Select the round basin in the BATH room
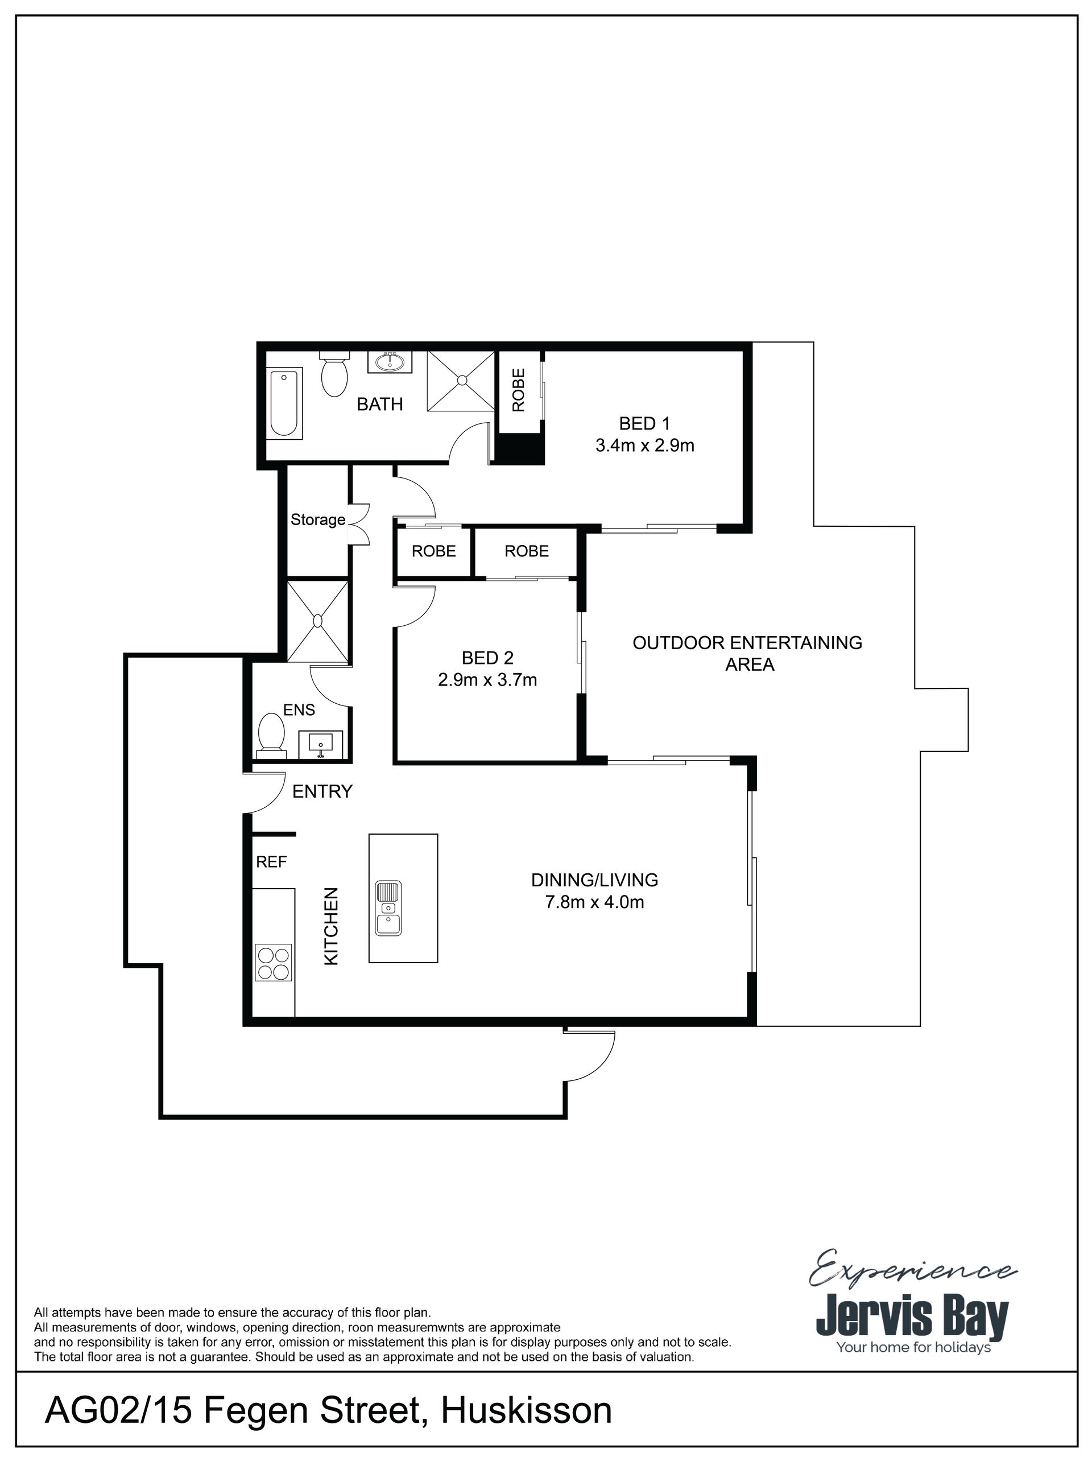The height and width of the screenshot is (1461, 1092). tap(390, 362)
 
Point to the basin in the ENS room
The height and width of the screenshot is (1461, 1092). tap(321, 744)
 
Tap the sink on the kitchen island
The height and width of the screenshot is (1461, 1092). tap(388, 908)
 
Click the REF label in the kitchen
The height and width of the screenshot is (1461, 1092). tap(271, 862)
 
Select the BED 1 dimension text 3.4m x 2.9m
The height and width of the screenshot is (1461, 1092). tap(644, 445)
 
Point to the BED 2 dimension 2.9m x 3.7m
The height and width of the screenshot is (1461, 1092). tap(487, 680)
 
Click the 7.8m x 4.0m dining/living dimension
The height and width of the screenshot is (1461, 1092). tap(594, 902)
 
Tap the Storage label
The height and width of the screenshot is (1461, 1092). tap(318, 521)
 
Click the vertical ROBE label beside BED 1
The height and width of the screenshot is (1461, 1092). tap(518, 390)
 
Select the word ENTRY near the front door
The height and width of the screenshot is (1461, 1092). tap(322, 791)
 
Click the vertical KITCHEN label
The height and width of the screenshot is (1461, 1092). tap(331, 926)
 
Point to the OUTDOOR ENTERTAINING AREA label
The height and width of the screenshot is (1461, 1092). tap(747, 653)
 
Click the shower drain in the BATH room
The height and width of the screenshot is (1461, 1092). tap(461, 380)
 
